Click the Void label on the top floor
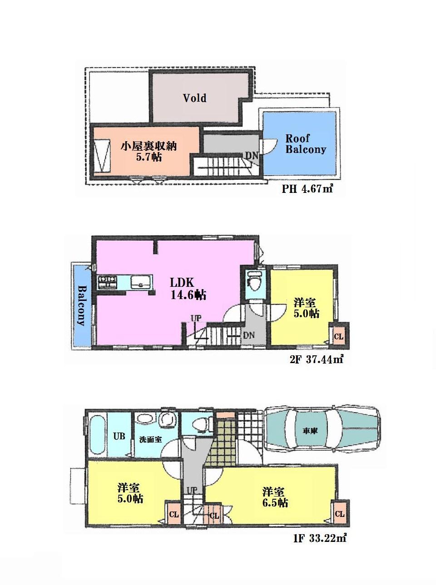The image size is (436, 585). pos(194,98)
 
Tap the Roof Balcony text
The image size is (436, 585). pos(305,144)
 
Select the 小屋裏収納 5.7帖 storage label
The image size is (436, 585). pos(148,152)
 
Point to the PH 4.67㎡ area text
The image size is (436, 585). pos(307,189)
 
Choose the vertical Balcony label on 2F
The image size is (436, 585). pos(82,305)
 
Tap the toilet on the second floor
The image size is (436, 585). pos(254,281)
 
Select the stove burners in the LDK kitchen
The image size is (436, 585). pos(107,282)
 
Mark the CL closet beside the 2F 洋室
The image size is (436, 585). pos(339,337)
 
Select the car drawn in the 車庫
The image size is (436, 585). pos(322,429)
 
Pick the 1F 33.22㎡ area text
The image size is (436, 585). pos(320,539)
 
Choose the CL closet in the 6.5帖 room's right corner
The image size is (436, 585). pos(339,513)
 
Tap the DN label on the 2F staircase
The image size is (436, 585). pos(248,335)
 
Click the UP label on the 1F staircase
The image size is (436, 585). pos(192,490)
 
